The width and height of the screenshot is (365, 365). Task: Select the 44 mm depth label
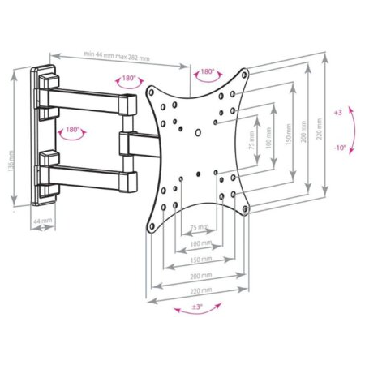[x=40, y=220]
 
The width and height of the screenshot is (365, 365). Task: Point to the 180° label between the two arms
[x=73, y=129]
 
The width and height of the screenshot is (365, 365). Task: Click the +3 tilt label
[x=337, y=113]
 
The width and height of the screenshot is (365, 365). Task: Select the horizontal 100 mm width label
[x=197, y=243]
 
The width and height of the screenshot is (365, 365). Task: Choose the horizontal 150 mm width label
[x=197, y=260]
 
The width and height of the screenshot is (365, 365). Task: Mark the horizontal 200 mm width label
[x=197, y=276]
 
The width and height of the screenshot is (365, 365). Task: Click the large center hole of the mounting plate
[x=198, y=131]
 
